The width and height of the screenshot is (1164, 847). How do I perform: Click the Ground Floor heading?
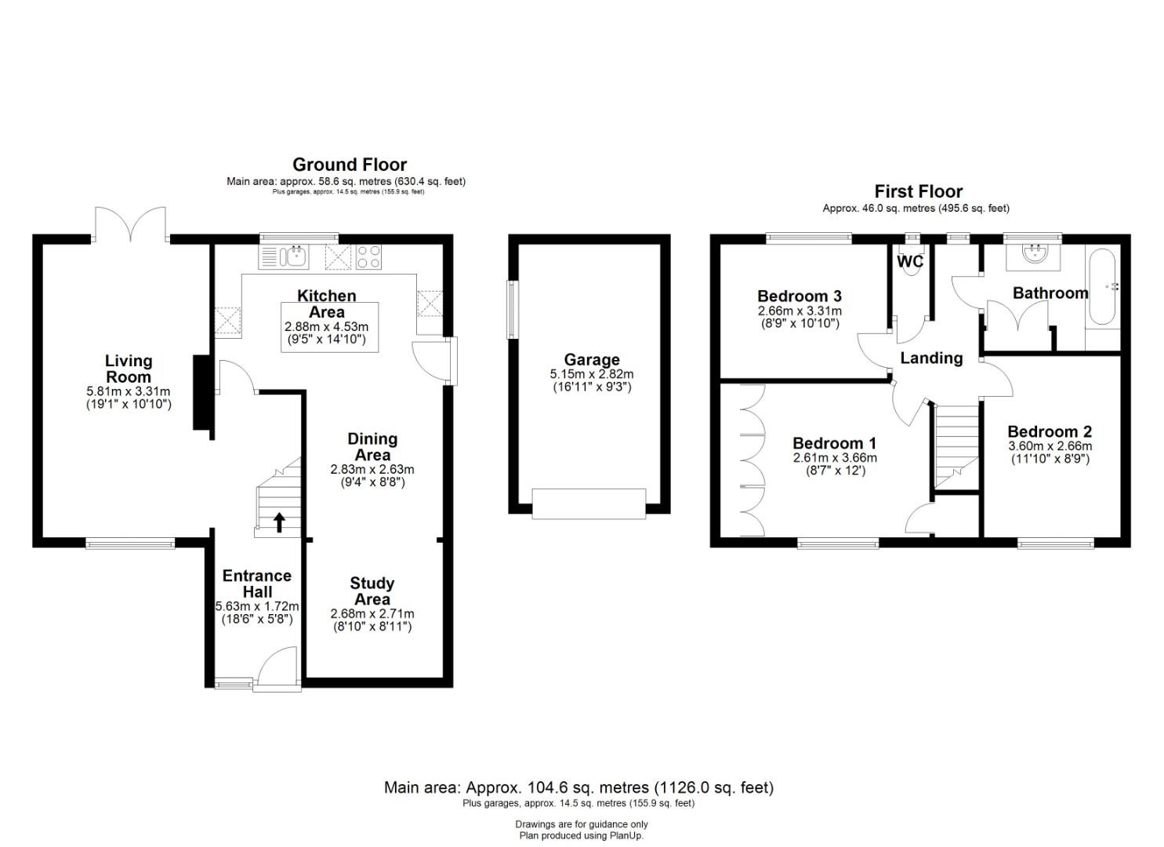point(350,165)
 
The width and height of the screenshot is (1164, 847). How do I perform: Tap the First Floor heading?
point(918,191)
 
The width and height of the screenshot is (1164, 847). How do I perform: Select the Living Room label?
point(129,368)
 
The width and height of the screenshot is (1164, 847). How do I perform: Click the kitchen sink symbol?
point(295,256)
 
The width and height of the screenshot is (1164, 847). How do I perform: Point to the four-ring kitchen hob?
point(368,256)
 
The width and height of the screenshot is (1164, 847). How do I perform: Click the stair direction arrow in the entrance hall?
point(280,522)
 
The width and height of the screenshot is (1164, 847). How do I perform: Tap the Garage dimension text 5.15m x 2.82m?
point(592,374)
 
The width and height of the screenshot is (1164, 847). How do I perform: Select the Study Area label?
point(372,591)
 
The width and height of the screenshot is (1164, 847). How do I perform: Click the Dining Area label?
point(372,447)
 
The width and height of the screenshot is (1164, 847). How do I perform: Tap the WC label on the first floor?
point(910,261)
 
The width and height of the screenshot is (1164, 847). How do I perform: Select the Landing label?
point(931,358)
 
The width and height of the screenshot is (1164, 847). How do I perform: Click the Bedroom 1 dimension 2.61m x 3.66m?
point(835,457)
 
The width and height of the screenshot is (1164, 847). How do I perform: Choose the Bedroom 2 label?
point(1050,431)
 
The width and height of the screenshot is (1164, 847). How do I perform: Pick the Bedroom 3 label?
point(800,296)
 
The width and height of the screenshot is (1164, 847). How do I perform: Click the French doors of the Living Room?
point(130,224)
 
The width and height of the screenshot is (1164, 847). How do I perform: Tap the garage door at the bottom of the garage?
point(589,503)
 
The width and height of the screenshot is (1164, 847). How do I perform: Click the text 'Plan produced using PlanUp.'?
point(582,836)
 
